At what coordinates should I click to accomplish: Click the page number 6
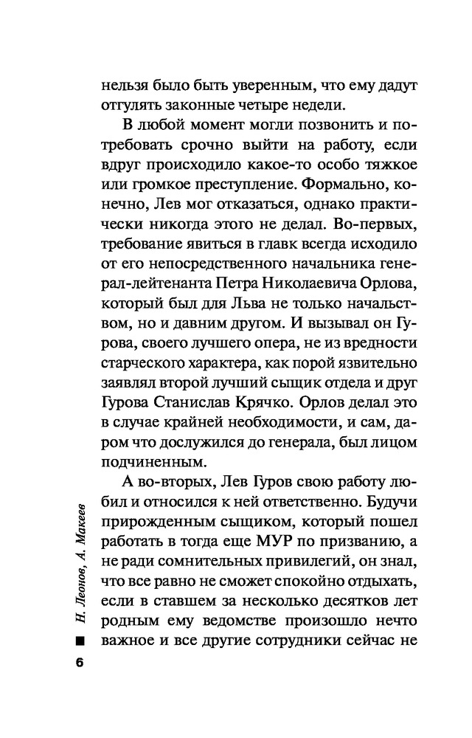[80, 661]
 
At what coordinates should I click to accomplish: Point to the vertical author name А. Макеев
[80, 525]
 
